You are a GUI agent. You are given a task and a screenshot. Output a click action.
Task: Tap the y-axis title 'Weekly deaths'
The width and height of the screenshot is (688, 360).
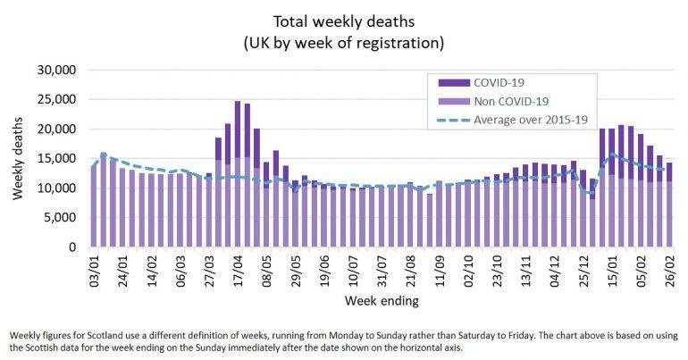pyautogui.click(x=19, y=158)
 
